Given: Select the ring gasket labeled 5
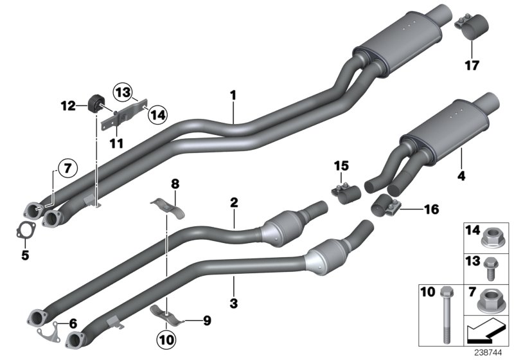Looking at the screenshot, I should pyautogui.click(x=24, y=229).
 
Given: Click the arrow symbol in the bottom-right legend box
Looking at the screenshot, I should pyautogui.click(x=485, y=332).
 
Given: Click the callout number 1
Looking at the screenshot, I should pyautogui.click(x=234, y=95).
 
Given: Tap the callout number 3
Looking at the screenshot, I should pyautogui.click(x=234, y=302).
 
